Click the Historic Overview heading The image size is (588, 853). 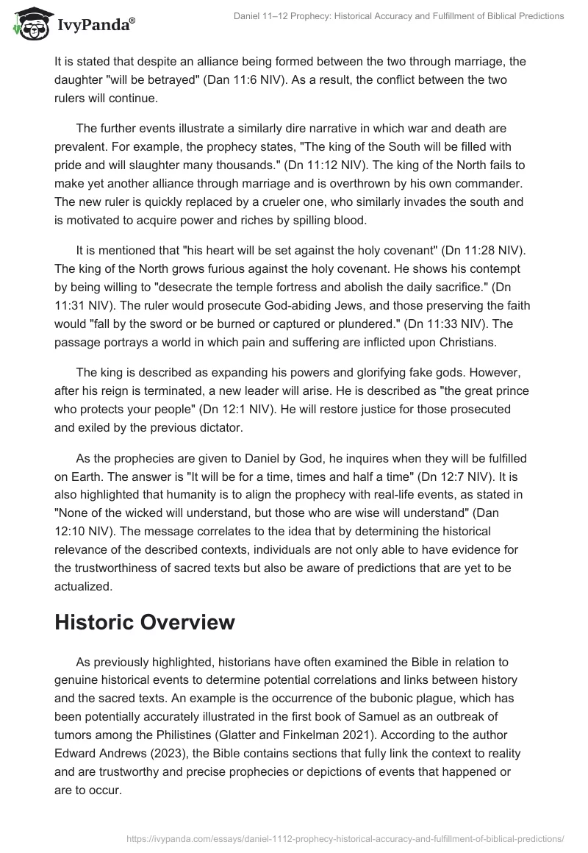coord(145,621)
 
